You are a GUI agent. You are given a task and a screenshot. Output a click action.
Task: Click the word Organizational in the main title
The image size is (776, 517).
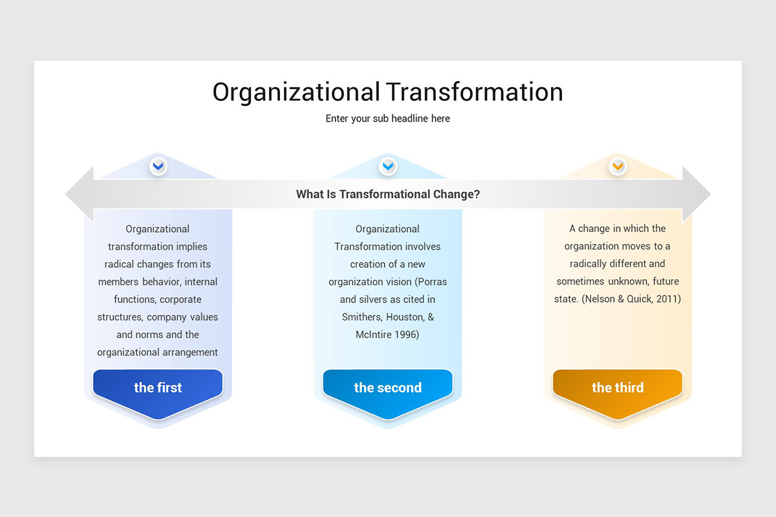click(x=296, y=92)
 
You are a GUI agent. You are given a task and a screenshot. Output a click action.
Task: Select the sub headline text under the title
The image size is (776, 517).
click(x=388, y=119)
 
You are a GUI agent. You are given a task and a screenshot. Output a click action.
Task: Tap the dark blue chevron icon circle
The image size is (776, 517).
click(x=158, y=167)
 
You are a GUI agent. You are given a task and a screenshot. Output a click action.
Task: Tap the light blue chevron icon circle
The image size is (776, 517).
click(x=388, y=167)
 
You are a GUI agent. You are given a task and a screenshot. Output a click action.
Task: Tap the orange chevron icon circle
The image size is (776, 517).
click(x=618, y=167)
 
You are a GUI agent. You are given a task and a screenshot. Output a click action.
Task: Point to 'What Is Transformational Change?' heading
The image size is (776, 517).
click(x=388, y=194)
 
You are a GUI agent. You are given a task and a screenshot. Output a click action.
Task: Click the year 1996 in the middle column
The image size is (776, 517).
click(x=406, y=335)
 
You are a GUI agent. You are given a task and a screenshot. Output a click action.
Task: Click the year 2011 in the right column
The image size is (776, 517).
click(x=668, y=299)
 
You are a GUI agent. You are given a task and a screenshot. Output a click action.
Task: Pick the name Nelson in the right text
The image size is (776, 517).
click(x=599, y=299)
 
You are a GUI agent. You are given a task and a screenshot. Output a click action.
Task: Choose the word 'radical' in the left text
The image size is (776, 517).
click(x=122, y=264)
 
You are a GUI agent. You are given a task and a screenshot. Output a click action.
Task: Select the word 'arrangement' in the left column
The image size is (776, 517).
click(x=189, y=352)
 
